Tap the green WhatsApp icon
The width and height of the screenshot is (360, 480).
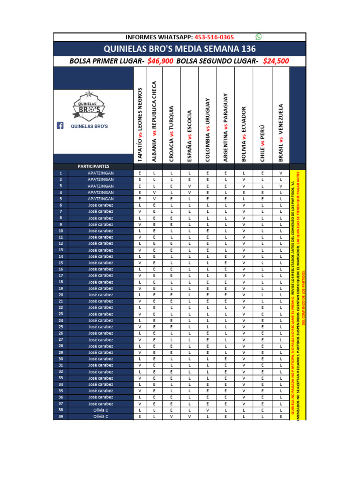[258, 37]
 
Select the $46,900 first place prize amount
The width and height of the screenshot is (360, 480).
[160, 61]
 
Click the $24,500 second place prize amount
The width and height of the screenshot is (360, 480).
[276, 61]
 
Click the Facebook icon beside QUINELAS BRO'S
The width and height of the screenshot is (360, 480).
[60, 126]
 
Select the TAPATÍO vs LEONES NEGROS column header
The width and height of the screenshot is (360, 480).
[140, 125]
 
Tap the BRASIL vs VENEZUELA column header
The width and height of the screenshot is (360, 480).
[281, 133]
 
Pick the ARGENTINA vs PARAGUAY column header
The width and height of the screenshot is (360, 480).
[225, 127]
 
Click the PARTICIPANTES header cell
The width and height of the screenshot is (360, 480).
[93, 166]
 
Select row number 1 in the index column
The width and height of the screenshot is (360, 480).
[60, 173]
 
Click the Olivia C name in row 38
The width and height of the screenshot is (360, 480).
[100, 410]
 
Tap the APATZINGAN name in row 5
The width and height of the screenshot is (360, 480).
[100, 199]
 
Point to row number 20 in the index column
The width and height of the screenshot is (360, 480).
[60, 294]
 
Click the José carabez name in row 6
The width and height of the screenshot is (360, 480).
[100, 205]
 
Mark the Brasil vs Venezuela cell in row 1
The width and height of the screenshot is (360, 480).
[281, 173]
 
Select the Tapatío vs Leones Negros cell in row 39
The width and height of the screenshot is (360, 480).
[140, 416]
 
